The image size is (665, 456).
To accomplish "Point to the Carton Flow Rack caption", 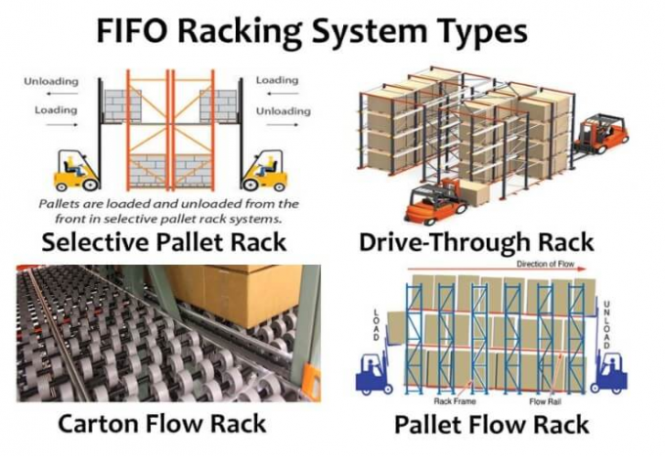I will (161, 424).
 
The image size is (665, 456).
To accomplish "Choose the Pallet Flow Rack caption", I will (491, 425).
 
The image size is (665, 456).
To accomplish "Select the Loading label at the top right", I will (277, 81).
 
